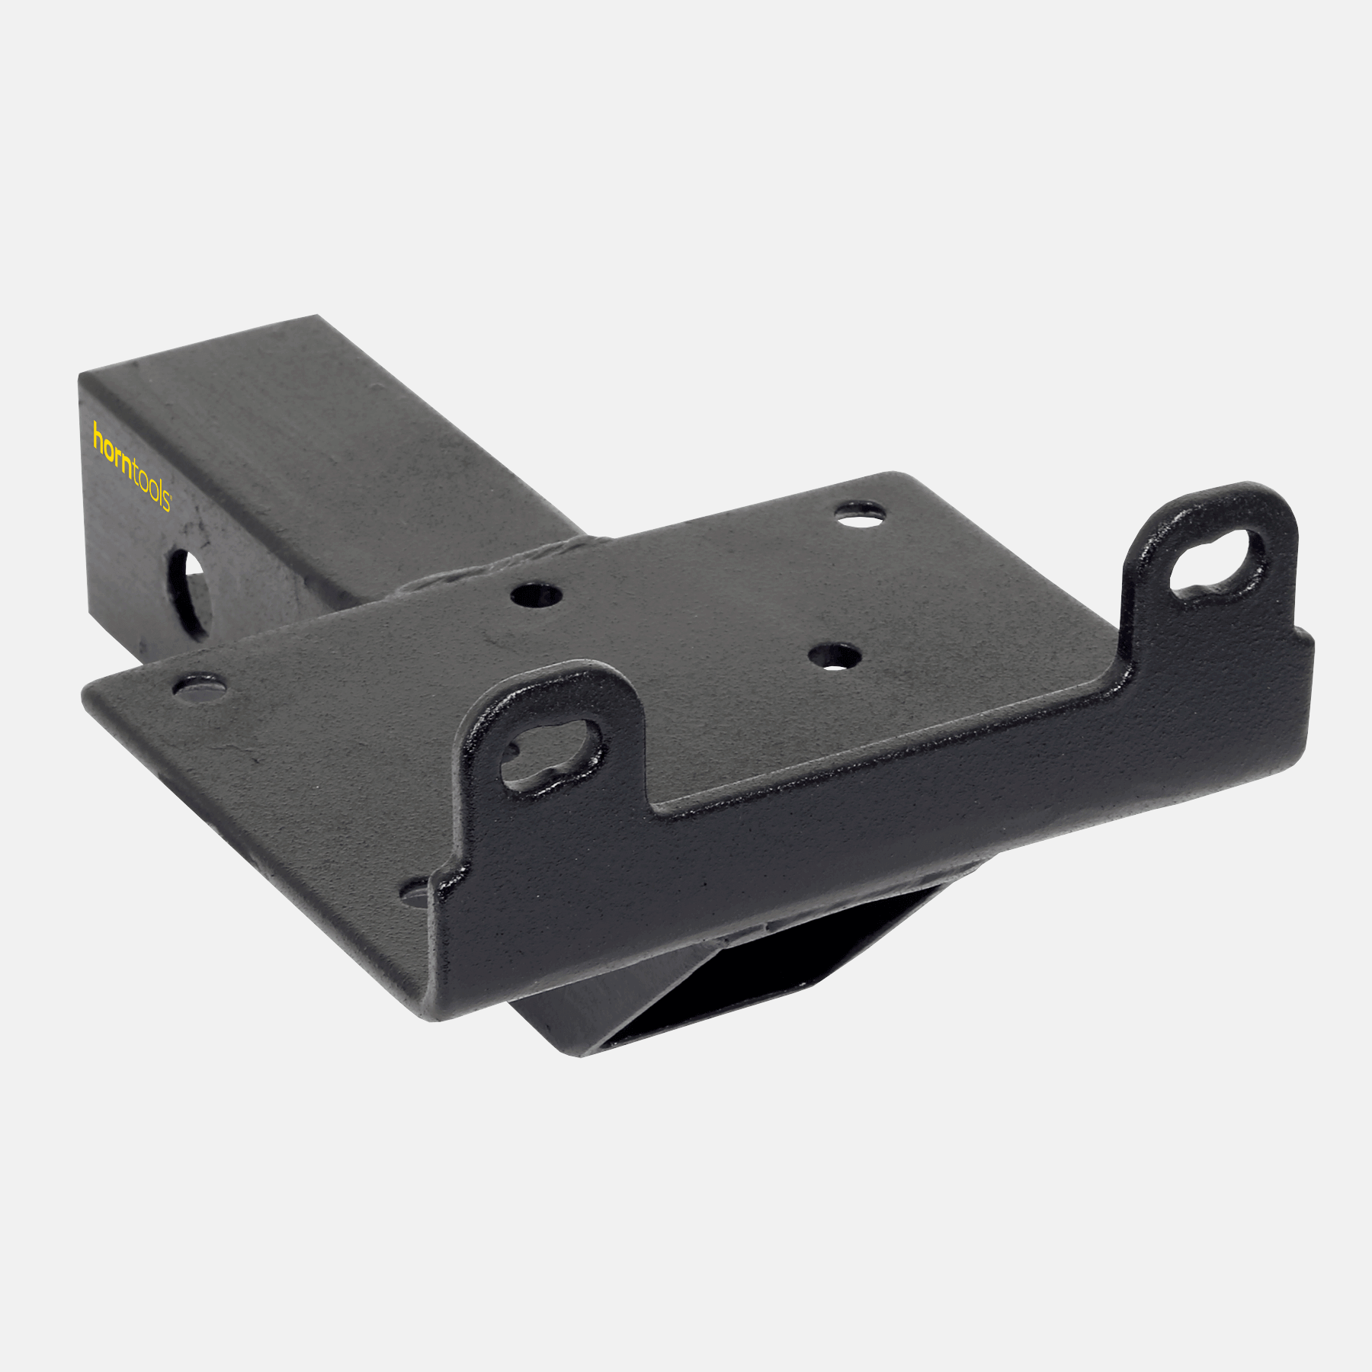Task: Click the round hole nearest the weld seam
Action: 537,594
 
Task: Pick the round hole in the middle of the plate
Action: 835,656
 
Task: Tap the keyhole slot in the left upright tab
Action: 550,753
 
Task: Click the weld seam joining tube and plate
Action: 488,568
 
